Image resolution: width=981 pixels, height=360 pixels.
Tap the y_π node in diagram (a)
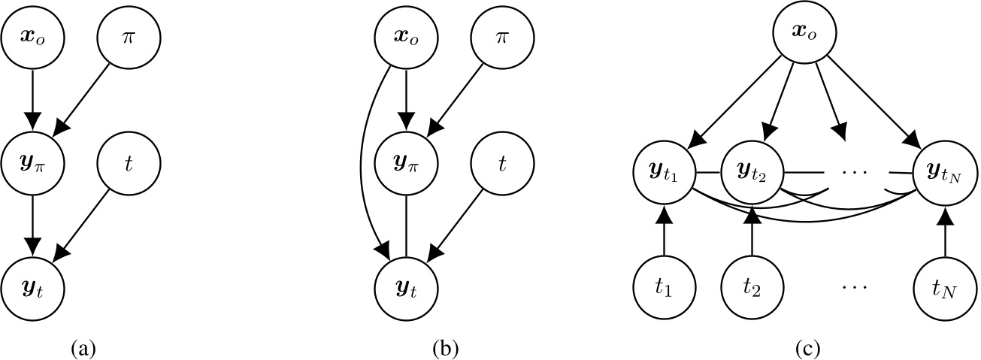(32, 162)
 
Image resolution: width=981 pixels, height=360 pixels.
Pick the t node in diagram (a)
(128, 162)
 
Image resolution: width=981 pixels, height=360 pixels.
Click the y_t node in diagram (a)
(32, 286)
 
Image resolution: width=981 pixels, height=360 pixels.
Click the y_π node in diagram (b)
(406, 162)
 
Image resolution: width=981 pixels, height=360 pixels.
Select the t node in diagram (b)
(501, 162)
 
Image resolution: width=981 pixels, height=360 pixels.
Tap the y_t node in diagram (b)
(406, 286)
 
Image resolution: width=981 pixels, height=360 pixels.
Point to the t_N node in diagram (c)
(945, 286)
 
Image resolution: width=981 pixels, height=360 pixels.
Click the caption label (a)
(82, 348)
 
